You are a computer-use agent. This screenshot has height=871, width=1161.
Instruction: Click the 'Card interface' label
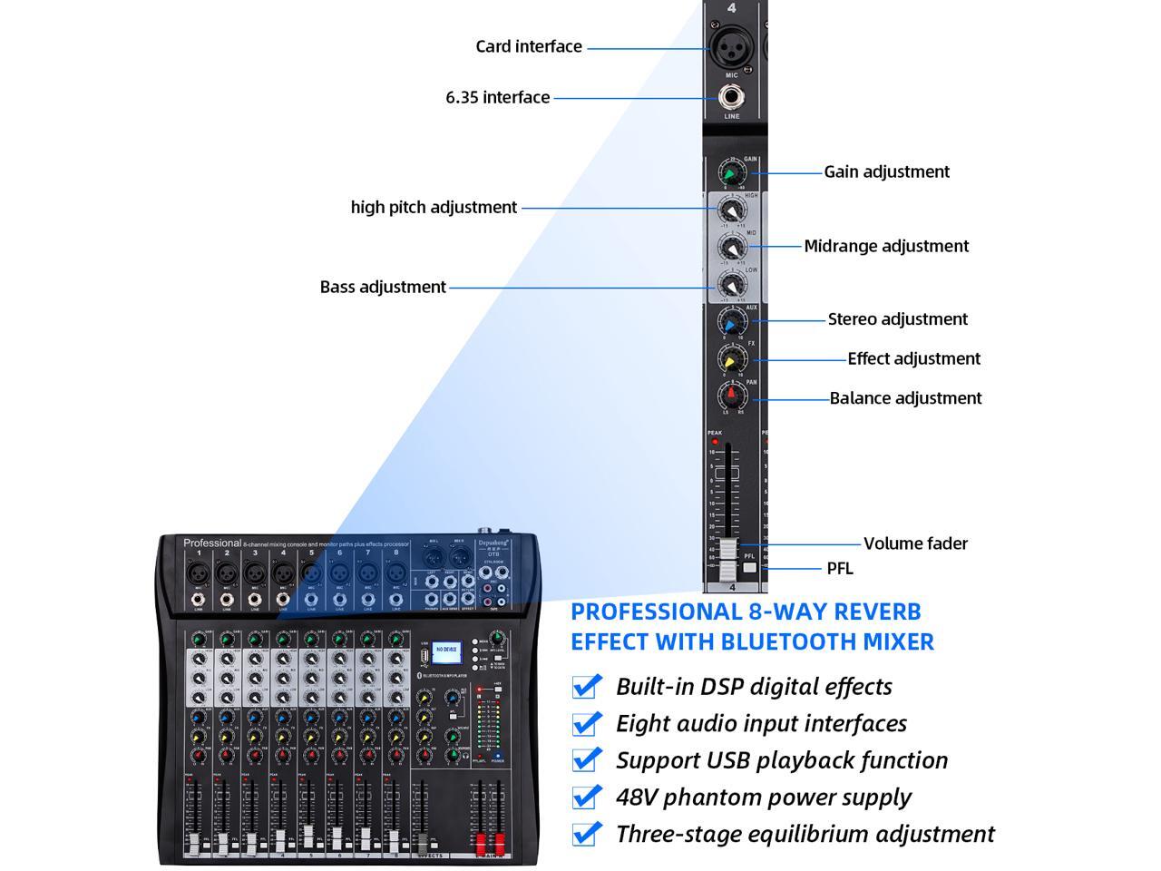[x=529, y=46]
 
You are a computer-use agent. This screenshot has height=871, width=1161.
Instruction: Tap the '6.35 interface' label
[x=497, y=97]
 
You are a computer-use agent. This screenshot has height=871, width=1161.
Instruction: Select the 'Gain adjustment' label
[x=886, y=171]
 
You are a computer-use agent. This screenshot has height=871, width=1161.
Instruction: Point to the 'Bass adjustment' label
[x=383, y=287]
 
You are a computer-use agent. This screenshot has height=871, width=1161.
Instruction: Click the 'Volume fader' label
[x=915, y=543]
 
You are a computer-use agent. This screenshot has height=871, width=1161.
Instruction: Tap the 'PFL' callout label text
[x=840, y=568]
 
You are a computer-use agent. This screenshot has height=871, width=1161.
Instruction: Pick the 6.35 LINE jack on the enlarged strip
[x=731, y=96]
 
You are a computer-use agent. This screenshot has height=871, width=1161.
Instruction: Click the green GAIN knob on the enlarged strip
[x=731, y=171]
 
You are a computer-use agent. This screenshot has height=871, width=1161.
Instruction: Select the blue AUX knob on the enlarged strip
[x=731, y=321]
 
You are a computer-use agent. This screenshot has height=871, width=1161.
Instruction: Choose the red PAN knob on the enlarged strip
[x=731, y=396]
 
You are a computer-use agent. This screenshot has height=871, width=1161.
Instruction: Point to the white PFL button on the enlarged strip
[x=749, y=568]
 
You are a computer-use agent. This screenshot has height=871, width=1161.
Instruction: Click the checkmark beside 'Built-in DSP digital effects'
[x=587, y=686]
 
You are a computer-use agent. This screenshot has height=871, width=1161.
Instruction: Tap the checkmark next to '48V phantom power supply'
[x=587, y=797]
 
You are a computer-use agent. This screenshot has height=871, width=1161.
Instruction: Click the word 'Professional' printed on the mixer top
[x=212, y=543]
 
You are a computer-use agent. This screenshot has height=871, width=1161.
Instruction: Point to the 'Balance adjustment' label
[x=905, y=397]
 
